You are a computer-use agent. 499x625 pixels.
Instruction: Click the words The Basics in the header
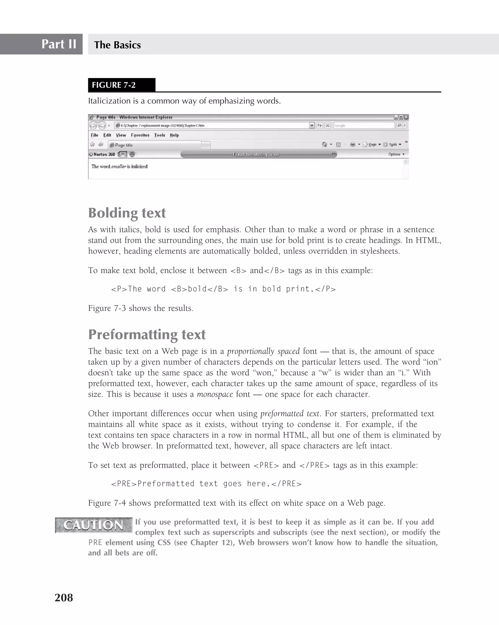tap(117, 45)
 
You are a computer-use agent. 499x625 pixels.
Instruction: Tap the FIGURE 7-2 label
tap(114, 85)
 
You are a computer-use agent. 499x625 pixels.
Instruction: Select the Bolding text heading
tap(127, 213)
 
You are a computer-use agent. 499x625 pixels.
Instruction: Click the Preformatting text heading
tap(147, 334)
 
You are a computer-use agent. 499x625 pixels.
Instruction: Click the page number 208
tap(64, 597)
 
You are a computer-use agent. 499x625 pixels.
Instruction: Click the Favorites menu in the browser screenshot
tap(140, 135)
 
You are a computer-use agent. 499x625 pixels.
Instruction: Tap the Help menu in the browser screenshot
tap(174, 135)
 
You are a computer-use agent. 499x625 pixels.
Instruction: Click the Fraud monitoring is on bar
tap(256, 154)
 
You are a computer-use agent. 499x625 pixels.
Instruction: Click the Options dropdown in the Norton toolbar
tap(396, 154)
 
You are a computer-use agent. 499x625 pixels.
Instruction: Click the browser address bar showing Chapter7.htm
tap(212, 125)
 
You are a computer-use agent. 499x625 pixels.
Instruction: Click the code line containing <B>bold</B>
tap(223, 289)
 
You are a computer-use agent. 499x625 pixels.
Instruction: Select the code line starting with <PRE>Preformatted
tap(206, 484)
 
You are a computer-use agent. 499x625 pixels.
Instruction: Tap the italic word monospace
tap(215, 394)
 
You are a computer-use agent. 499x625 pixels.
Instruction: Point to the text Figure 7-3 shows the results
tap(141, 308)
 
